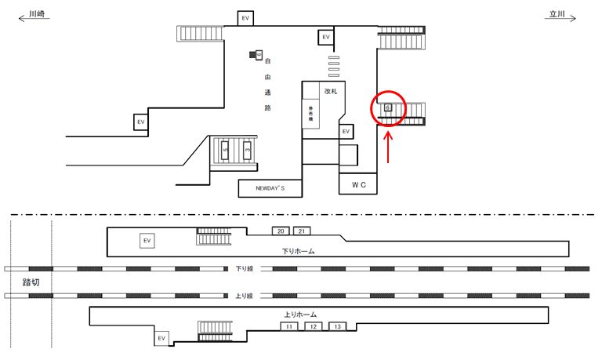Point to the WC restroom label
pyautogui.click(x=359, y=184)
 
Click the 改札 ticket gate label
pyautogui.click(x=331, y=91)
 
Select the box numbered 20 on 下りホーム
pyautogui.click(x=281, y=231)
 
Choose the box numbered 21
pyautogui.click(x=303, y=231)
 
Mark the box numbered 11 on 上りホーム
pyautogui.click(x=289, y=325)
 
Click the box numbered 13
pyautogui.click(x=337, y=325)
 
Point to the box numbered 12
pyautogui.click(x=313, y=325)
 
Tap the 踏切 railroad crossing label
pyautogui.click(x=31, y=280)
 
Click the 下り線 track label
pyautogui.click(x=245, y=268)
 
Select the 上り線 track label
pyautogui.click(x=245, y=296)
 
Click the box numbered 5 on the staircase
pyautogui.click(x=226, y=149)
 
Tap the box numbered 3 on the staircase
pyautogui.click(x=247, y=149)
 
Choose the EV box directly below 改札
pyautogui.click(x=346, y=132)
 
